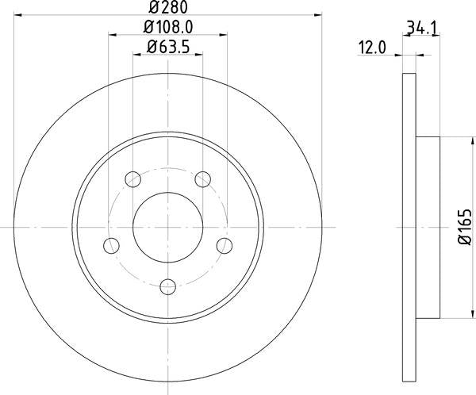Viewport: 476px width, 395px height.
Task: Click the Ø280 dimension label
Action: tap(168, 7)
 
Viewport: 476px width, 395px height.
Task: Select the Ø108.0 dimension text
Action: tap(168, 27)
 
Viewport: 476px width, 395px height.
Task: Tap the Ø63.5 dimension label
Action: tap(168, 47)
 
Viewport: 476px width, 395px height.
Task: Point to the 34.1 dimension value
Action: tap(422, 29)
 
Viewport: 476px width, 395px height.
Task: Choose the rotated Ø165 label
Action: tap(464, 227)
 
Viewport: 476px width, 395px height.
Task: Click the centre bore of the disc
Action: tap(168, 227)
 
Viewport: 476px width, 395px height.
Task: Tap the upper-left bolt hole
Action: tap(132, 179)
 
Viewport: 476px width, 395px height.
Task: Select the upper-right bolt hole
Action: tap(203, 179)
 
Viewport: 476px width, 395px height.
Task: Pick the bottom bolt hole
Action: tap(168, 287)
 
